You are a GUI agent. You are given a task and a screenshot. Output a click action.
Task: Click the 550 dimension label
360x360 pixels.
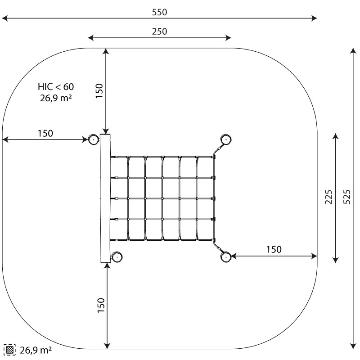pos(159,12)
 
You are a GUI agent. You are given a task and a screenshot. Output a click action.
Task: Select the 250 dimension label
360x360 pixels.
pos(159,31)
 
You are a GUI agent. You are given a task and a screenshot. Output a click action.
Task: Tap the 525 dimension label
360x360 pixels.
pos(347,197)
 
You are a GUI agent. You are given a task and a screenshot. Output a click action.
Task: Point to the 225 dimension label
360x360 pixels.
pos(328,197)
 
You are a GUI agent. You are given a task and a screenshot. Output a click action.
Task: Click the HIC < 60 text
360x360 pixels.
pos(56,87)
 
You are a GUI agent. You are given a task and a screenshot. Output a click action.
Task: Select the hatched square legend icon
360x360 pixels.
pos(9,350)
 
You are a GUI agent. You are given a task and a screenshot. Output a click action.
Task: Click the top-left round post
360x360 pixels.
pos(94,139)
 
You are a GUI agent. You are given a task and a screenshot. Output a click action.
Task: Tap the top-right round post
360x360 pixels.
pos(226,139)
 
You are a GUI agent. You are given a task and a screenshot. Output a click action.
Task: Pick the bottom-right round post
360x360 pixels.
pos(226,256)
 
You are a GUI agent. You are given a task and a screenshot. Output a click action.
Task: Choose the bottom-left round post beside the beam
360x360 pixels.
pos(117,256)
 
